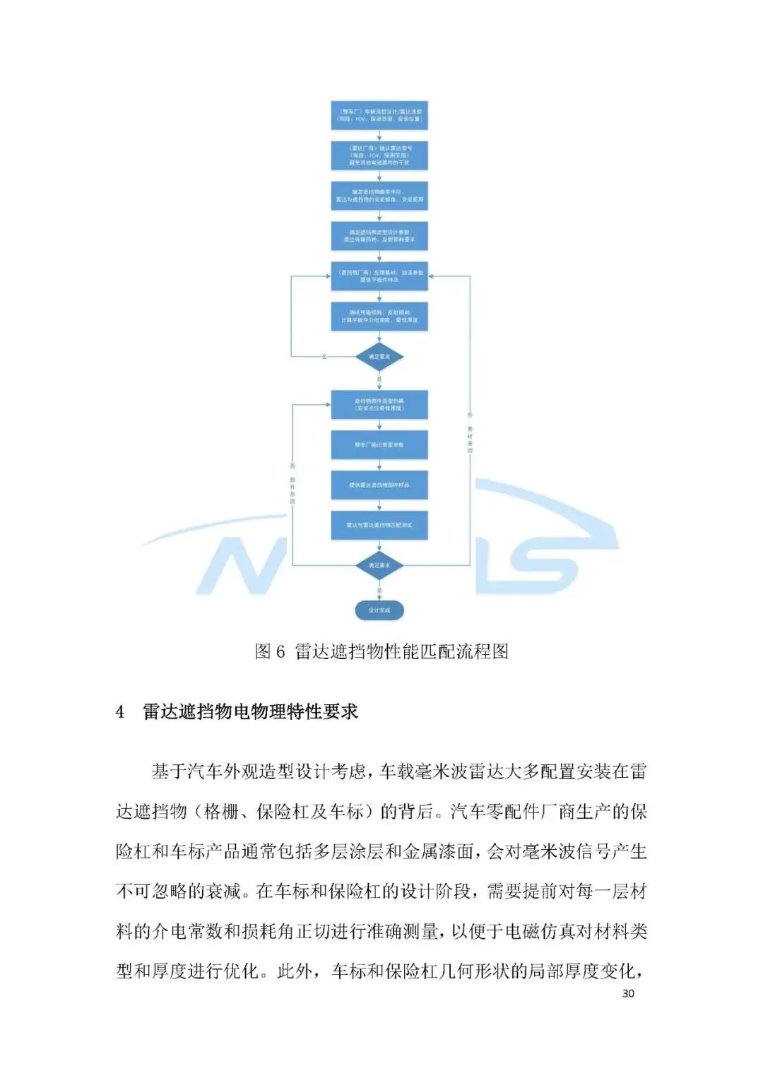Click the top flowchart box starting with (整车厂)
(379, 115)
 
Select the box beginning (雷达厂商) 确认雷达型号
(379, 155)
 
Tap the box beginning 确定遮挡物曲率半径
(379, 196)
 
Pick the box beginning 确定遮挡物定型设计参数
(379, 236)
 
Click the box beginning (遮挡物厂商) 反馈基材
(379, 276)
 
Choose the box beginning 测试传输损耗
(379, 316)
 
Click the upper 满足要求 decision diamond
(379, 357)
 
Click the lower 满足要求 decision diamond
(379, 565)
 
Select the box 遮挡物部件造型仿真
(379, 405)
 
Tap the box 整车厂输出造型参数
(379, 445)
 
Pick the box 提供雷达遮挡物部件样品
(379, 485)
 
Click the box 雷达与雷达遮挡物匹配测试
(379, 526)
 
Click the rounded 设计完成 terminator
(379, 610)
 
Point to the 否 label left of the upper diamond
(324, 357)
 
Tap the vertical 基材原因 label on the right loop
(470, 439)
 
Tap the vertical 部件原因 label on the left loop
(292, 490)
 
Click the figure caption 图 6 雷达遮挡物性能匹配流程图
(381, 651)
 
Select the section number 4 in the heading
(120, 712)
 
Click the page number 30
(628, 993)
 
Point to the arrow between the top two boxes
(379, 136)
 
